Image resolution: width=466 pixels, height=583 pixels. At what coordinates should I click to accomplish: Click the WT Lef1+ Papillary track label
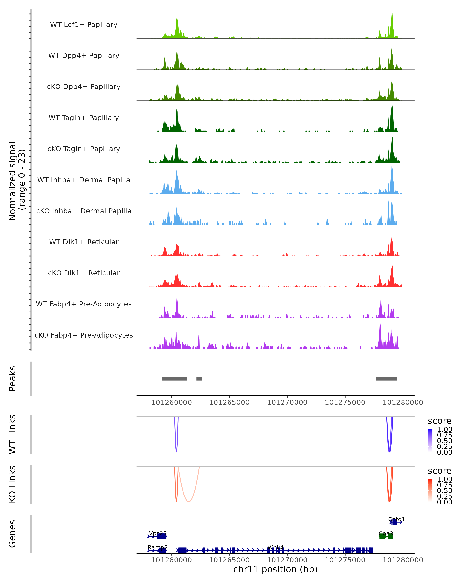84,25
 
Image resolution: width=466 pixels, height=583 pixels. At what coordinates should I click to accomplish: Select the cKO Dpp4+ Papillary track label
84,87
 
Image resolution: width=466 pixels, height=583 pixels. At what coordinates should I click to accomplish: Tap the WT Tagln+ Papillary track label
84,118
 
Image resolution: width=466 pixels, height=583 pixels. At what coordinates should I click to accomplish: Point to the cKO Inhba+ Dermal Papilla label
84,211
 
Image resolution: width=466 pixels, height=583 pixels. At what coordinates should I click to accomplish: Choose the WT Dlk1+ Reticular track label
84,242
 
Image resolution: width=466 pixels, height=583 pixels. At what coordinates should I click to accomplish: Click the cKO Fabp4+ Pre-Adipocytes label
84,335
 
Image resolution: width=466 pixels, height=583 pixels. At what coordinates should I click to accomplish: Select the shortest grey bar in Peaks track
199,379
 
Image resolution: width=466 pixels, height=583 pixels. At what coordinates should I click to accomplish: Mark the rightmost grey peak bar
387,379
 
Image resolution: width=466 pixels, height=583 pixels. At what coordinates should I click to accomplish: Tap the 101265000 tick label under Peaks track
229,403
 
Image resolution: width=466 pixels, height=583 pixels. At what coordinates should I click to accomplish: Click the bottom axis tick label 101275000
345,560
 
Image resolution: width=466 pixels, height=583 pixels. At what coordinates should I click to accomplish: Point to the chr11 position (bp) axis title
275,569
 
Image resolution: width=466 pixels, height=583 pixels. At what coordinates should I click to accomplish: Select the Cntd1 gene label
396,519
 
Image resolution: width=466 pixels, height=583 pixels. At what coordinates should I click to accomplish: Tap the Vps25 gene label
158,533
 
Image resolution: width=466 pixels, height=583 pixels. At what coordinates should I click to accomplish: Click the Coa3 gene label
386,533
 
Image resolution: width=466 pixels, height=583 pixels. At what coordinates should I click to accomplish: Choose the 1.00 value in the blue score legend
445,429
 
